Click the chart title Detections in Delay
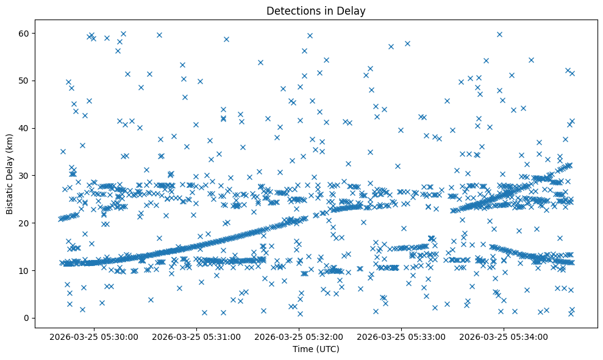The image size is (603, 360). [316, 10]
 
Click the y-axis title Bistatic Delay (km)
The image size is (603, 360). [10, 175]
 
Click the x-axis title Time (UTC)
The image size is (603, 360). [316, 349]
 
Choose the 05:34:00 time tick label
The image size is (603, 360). [504, 337]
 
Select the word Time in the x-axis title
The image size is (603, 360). [302, 349]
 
